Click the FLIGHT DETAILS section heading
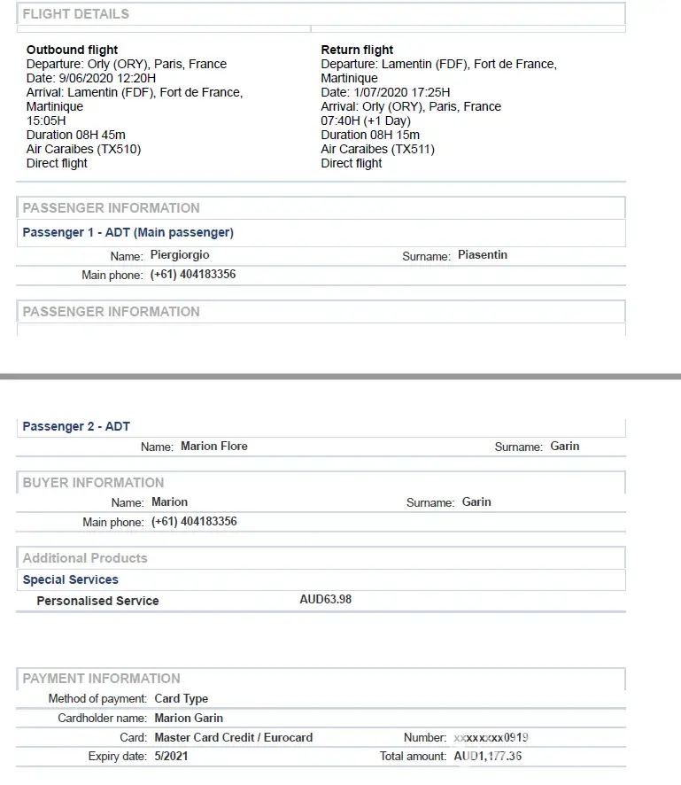tap(75, 14)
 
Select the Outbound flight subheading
tap(72, 50)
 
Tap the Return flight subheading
tap(357, 50)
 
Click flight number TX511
tap(414, 149)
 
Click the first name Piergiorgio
tap(180, 255)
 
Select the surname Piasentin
tap(483, 255)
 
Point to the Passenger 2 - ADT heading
tap(76, 426)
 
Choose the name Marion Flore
tap(213, 447)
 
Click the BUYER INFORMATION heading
tap(93, 483)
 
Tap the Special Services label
tap(70, 579)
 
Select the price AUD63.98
tap(326, 600)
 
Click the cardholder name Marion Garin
tap(189, 718)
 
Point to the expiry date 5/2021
tap(171, 757)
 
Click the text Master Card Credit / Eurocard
tap(233, 737)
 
